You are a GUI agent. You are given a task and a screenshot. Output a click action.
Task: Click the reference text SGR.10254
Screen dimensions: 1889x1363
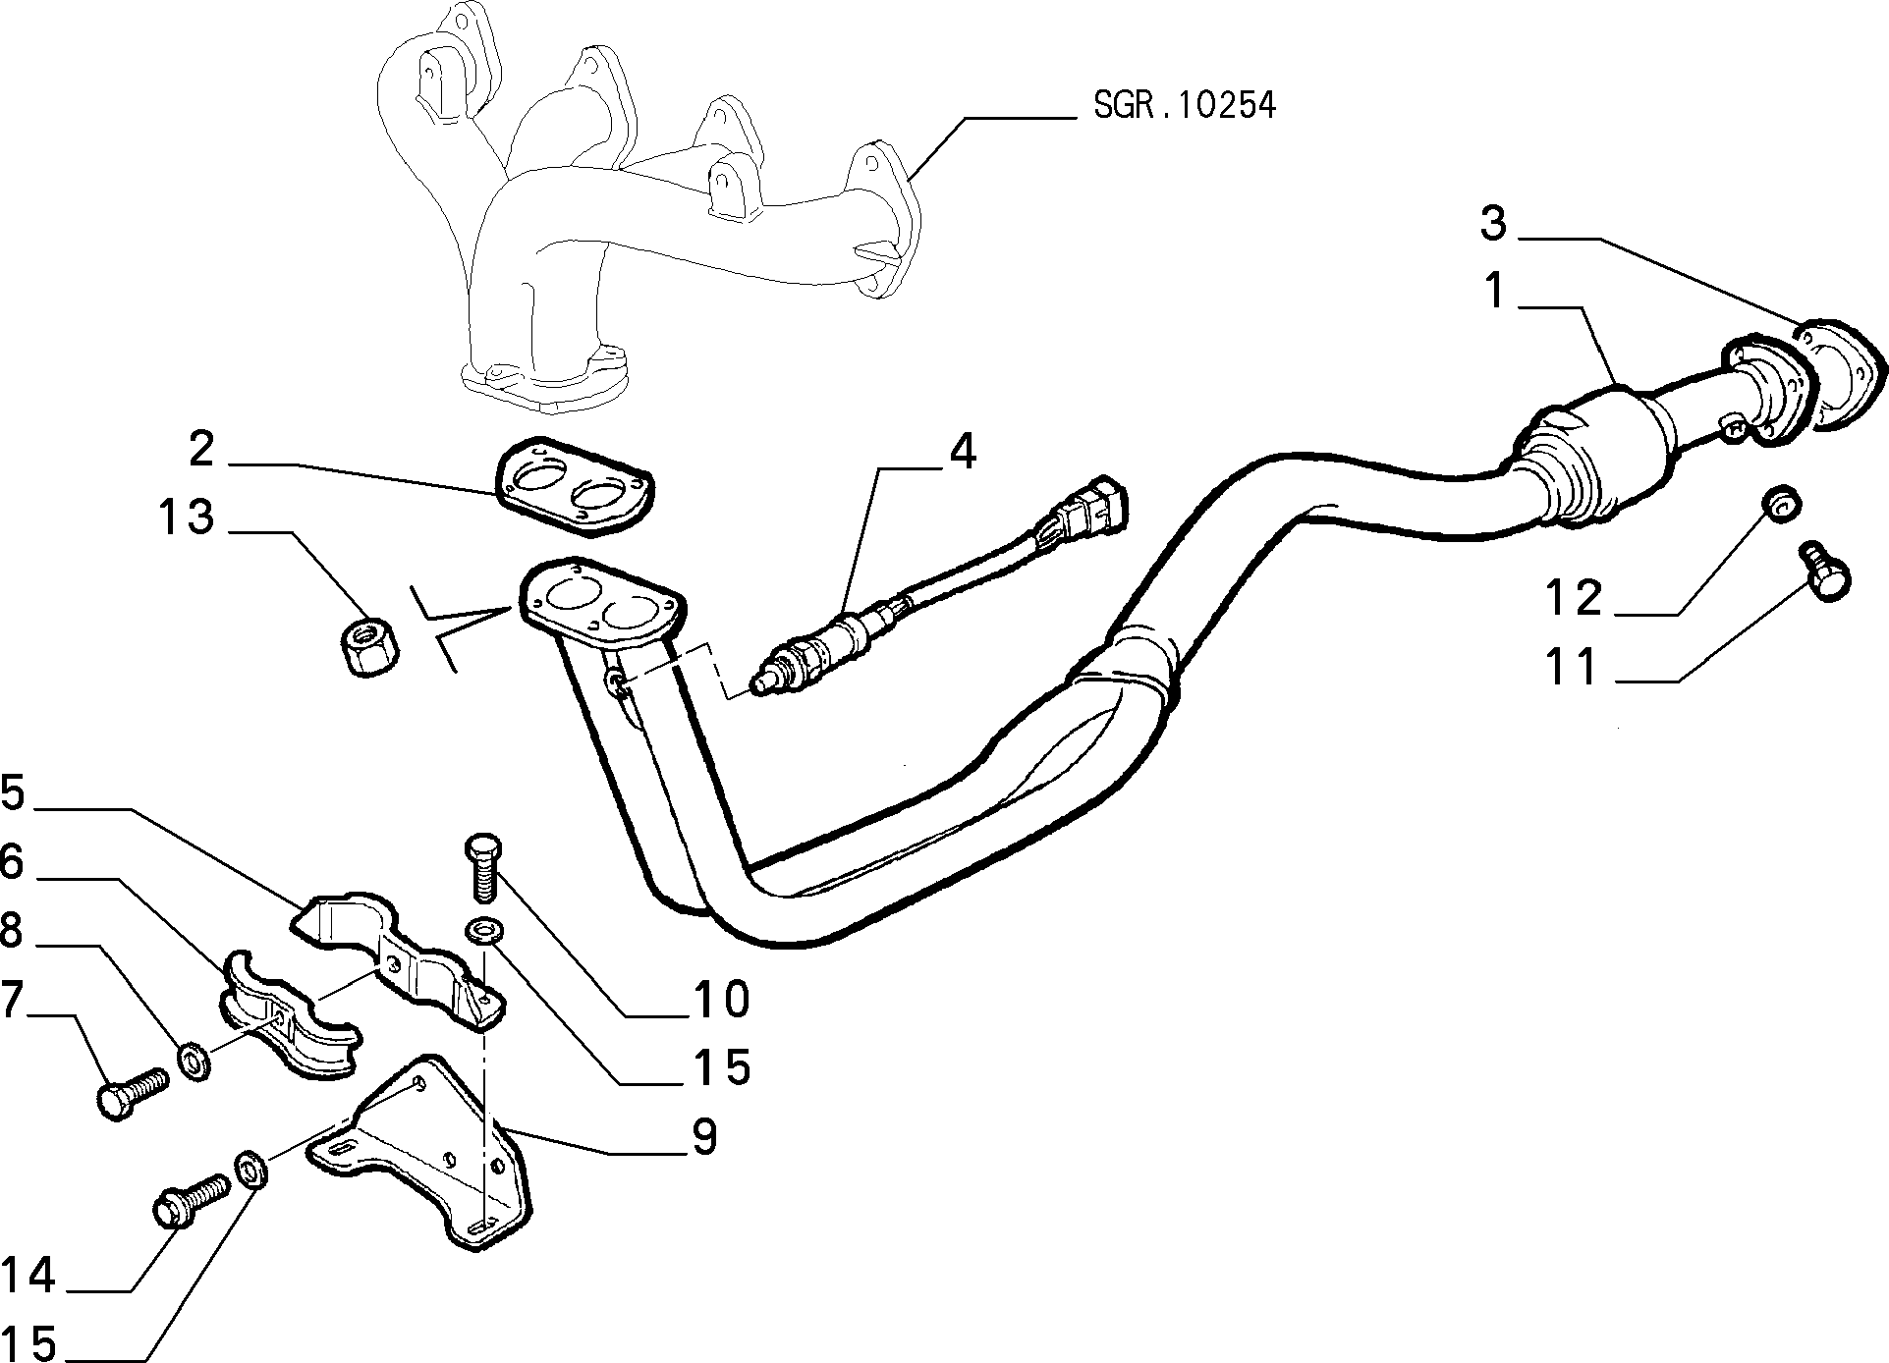pos(1185,106)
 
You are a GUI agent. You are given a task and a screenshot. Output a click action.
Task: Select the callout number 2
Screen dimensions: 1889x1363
pos(202,449)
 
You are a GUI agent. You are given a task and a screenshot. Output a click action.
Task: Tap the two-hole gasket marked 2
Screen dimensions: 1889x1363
pos(575,487)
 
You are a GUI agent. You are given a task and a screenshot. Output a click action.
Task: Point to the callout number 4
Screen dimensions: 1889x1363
pos(963,452)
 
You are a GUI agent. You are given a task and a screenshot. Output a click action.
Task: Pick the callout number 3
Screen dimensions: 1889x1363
pos(1492,225)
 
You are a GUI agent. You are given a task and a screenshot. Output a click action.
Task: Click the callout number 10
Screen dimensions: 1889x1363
pos(723,1000)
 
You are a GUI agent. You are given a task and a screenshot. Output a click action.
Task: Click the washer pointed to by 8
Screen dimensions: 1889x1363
pos(193,1061)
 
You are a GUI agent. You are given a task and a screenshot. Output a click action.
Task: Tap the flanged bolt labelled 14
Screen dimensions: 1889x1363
pos(190,1202)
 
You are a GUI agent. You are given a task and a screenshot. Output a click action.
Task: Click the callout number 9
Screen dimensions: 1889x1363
pos(704,1137)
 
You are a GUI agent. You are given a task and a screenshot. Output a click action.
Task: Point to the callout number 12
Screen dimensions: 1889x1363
pos(1574,597)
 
